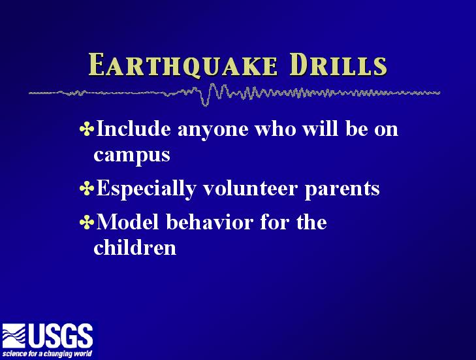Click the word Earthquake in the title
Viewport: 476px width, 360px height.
[x=183, y=65]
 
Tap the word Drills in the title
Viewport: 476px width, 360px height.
[x=338, y=65]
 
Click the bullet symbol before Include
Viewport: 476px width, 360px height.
[x=87, y=129]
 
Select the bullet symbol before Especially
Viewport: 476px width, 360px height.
[x=87, y=188]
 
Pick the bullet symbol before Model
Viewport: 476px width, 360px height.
[x=87, y=222]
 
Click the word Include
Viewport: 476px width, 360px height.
[x=133, y=129]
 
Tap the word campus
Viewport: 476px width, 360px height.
[x=132, y=156]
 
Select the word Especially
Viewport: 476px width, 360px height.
[x=146, y=189]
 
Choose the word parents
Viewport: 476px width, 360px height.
[x=342, y=191]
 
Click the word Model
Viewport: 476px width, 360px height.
[x=127, y=221]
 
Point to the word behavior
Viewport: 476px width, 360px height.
[x=210, y=221]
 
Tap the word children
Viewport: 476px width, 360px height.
[x=135, y=247]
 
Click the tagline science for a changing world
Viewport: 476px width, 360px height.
[x=47, y=353]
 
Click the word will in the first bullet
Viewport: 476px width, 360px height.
[x=320, y=129]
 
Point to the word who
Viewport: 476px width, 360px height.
[x=276, y=129]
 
